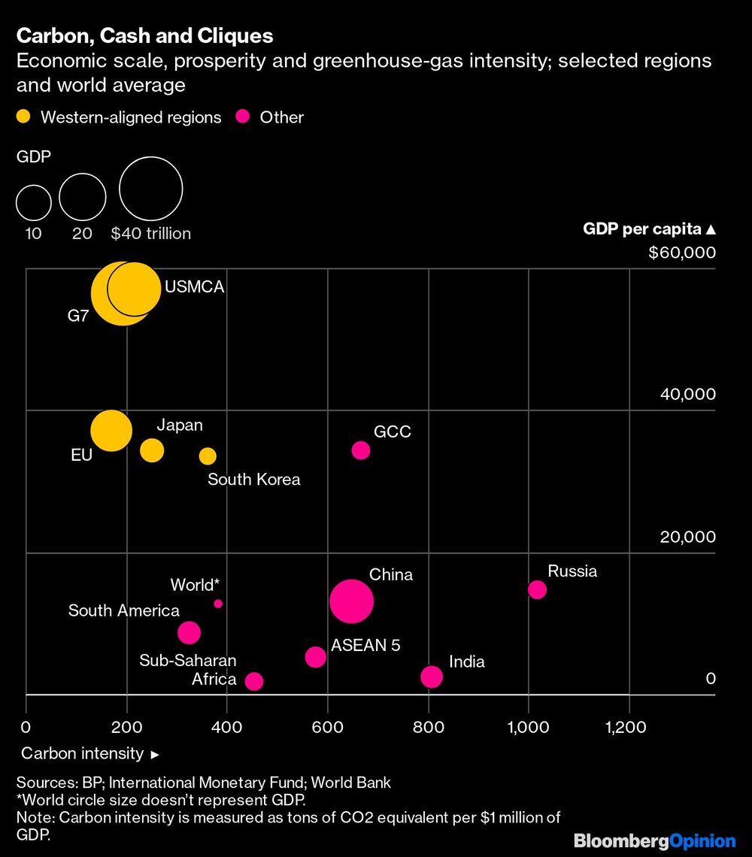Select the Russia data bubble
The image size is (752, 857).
click(537, 589)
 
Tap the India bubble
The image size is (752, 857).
click(431, 677)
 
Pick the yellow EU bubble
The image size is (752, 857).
click(111, 431)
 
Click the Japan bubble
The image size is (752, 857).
click(152, 450)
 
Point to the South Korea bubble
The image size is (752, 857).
click(208, 456)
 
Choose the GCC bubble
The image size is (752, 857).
click(361, 450)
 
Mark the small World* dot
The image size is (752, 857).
click(218, 604)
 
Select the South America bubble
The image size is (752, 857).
click(189, 632)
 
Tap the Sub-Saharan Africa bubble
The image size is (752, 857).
click(254, 681)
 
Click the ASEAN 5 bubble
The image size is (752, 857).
click(316, 657)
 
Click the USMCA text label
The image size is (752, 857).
click(195, 286)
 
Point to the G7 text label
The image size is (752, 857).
click(78, 316)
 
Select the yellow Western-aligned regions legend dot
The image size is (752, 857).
click(24, 117)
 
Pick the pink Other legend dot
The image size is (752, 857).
click(243, 117)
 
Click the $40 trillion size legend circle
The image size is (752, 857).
click(151, 188)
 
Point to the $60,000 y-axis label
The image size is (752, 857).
click(682, 253)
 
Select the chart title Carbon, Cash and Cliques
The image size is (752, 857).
click(144, 35)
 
